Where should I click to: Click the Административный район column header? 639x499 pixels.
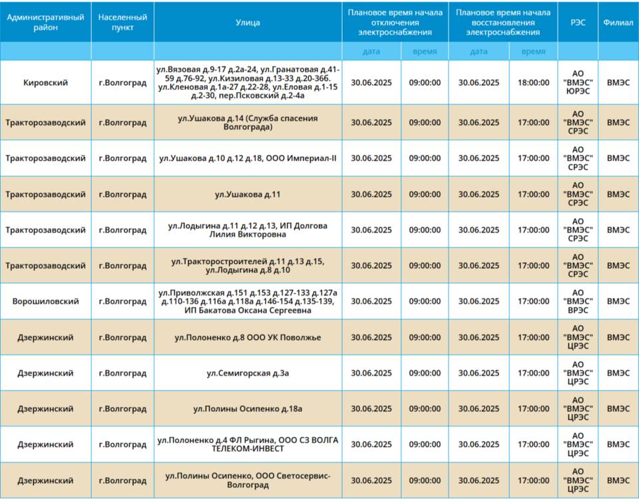(46, 23)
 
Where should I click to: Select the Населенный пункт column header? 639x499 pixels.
(122, 23)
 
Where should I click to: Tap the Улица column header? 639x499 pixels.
(248, 23)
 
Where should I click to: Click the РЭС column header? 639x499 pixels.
(578, 23)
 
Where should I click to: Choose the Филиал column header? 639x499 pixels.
(618, 23)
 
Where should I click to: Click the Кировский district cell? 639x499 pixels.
(46, 83)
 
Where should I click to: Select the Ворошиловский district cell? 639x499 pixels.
(46, 301)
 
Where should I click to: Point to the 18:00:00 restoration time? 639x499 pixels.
(533, 83)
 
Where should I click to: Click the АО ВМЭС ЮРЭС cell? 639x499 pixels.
(578, 83)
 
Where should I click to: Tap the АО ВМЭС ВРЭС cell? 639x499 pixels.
(578, 301)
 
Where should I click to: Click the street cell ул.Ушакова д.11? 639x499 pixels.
(248, 194)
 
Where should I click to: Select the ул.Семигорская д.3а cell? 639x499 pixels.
(248, 373)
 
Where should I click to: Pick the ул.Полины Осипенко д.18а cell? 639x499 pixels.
(248, 409)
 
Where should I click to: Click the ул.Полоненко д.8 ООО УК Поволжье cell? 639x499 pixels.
(248, 337)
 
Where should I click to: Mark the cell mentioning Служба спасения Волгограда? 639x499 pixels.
(248, 122)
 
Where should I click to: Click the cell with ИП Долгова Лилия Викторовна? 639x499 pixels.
(248, 230)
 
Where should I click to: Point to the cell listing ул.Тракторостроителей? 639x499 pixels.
(248, 265)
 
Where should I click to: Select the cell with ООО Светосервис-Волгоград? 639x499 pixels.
(248, 480)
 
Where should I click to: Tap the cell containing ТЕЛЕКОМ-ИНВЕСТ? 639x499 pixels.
(248, 444)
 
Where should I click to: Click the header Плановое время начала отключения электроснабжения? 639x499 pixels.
(395, 23)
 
